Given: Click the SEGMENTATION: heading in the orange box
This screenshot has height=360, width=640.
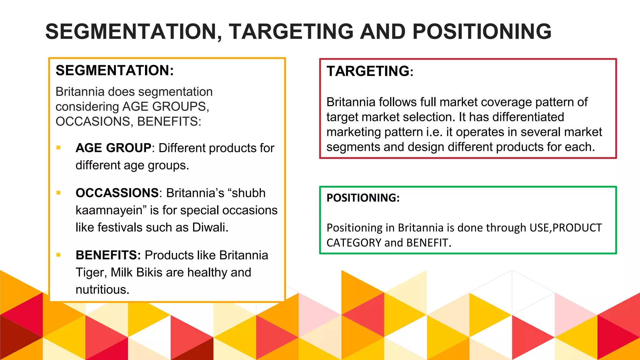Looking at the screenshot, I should click(114, 70).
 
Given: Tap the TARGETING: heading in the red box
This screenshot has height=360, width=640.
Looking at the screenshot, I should click(370, 71).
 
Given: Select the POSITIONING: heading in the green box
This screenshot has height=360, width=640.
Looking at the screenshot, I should click(363, 198).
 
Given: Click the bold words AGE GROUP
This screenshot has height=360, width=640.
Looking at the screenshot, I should click(113, 148).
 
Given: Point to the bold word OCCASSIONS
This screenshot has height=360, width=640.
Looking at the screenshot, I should click(117, 193).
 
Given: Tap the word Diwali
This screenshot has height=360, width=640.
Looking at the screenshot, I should click(210, 227).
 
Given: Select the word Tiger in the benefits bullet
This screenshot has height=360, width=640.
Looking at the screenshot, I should click(91, 272).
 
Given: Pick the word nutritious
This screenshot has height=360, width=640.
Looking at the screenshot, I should click(102, 290).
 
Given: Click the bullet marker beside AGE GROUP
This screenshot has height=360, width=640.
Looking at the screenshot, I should click(58, 147).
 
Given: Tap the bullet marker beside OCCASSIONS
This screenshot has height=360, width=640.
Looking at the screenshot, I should click(58, 193).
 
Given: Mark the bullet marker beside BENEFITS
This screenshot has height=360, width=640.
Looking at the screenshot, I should click(58, 255).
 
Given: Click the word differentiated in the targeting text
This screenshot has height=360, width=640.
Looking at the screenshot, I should click(528, 117).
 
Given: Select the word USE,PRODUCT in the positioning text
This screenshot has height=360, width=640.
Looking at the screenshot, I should click(566, 228).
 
